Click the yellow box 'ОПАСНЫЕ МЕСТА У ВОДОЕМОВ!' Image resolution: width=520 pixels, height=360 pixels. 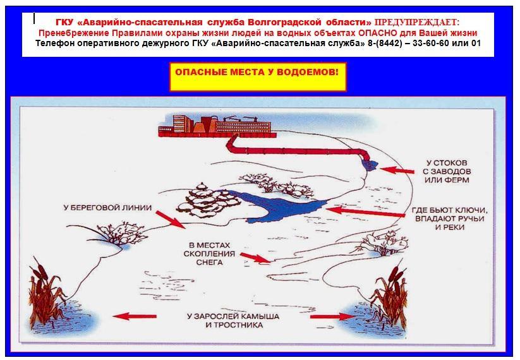[258, 76]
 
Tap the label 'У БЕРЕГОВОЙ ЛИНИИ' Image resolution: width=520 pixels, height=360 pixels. [108, 208]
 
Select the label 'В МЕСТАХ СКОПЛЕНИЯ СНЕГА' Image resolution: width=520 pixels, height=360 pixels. [209, 254]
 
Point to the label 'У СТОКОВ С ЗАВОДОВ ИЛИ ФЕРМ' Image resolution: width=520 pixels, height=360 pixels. [447, 171]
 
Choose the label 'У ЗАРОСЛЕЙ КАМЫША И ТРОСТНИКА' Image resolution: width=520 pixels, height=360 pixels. [233, 321]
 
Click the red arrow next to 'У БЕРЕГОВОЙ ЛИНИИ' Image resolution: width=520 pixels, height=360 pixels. [171, 219]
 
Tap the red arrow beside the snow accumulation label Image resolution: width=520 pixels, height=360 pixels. [256, 258]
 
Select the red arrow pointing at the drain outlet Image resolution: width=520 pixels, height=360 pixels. [397, 171]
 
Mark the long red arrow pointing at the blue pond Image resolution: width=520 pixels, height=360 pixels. [365, 212]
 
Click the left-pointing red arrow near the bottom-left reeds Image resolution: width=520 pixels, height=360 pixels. [135, 316]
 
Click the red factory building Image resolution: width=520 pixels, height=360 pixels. [217, 126]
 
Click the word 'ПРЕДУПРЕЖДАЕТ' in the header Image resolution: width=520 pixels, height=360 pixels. [417, 23]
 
